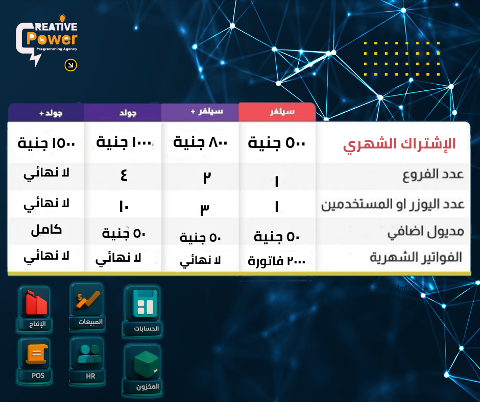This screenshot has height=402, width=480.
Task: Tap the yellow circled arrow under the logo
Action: [x=71, y=65]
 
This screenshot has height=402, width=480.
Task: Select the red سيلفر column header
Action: [x=278, y=112]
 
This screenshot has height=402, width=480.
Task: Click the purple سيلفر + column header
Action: [x=200, y=112]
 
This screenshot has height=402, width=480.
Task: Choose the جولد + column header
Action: [x=46, y=112]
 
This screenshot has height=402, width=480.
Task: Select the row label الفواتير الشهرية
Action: [x=416, y=258]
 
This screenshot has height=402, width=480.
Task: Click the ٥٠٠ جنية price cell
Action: [x=277, y=143]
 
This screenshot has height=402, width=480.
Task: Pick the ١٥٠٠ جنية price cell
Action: [x=46, y=143]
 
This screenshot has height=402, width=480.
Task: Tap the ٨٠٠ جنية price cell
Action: [x=200, y=143]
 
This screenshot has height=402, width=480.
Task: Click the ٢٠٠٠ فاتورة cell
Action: [x=277, y=261]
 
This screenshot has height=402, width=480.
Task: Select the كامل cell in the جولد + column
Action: [x=46, y=230]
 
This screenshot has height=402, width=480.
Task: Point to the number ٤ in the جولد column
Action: [x=123, y=176]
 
